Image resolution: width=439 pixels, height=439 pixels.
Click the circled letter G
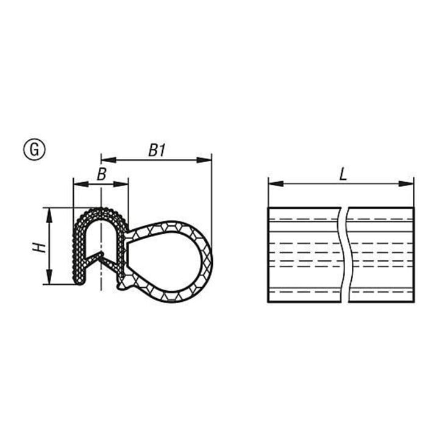(34, 149)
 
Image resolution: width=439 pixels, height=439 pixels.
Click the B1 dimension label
(157, 151)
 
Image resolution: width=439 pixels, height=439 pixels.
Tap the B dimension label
(102, 174)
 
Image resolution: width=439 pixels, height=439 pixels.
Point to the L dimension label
(343, 175)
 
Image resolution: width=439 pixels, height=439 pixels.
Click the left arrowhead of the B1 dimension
(109, 160)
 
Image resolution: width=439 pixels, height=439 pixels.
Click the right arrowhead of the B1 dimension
(204, 160)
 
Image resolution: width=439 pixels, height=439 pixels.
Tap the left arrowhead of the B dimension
(80, 184)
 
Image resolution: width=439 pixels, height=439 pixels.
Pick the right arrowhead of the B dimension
(121, 184)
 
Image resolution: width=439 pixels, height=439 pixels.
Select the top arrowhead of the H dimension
(49, 215)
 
